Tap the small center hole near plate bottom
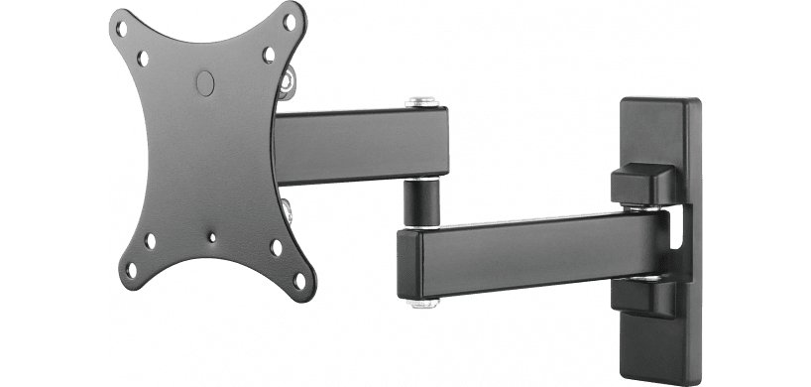tap(211, 237)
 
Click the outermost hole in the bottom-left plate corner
tap(126, 265)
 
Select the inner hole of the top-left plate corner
tap(143, 60)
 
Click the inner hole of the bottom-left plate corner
tap(150, 240)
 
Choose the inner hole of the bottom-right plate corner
tap(277, 249)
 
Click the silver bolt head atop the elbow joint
tap(422, 100)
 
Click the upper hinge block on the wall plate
tap(643, 187)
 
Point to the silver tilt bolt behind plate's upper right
tap(287, 80)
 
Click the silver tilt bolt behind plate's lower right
tap(286, 207)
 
